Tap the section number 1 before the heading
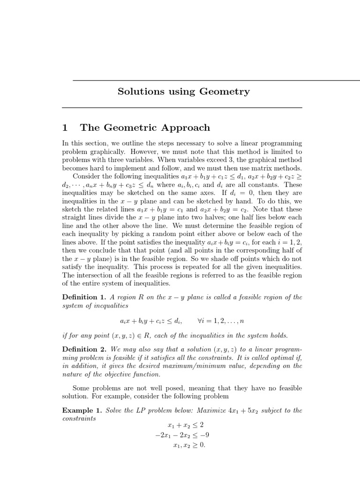tap(66, 128)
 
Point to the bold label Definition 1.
tap(84, 297)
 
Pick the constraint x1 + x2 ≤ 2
tap(185, 426)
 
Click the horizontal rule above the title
tap(216, 80)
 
